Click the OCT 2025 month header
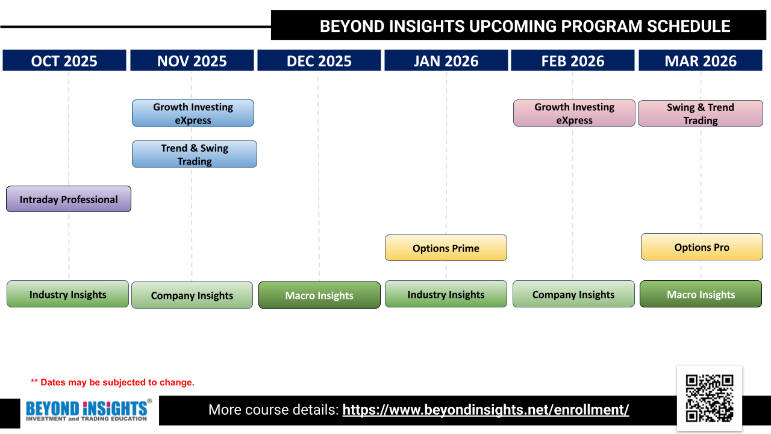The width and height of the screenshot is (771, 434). [x=64, y=61]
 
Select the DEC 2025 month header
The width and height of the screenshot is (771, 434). [x=319, y=61]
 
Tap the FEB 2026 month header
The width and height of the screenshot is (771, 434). [x=573, y=61]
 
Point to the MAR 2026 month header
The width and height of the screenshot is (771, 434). [x=701, y=61]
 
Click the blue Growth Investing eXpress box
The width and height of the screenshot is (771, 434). [x=193, y=113]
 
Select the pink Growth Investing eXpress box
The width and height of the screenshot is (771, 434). [x=574, y=113]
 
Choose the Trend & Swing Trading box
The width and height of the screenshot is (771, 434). [x=195, y=154]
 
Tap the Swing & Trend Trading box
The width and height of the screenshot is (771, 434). [x=701, y=114]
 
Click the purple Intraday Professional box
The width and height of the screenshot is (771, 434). [x=69, y=199]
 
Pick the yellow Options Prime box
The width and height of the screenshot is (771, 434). [x=446, y=248]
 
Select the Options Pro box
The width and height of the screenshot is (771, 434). [x=702, y=247]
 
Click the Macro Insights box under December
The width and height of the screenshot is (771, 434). [x=319, y=295]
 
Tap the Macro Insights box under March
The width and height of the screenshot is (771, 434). [x=701, y=294]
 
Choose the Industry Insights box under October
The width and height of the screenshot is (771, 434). [x=68, y=294]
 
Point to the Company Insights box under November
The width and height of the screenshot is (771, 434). [x=192, y=295]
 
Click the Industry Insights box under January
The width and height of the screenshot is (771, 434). [x=446, y=294]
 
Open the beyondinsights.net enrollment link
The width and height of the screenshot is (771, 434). [x=485, y=410]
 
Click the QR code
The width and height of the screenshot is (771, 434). [x=710, y=398]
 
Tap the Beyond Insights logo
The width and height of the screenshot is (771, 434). [x=89, y=410]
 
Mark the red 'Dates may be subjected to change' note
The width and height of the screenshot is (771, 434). [x=113, y=382]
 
